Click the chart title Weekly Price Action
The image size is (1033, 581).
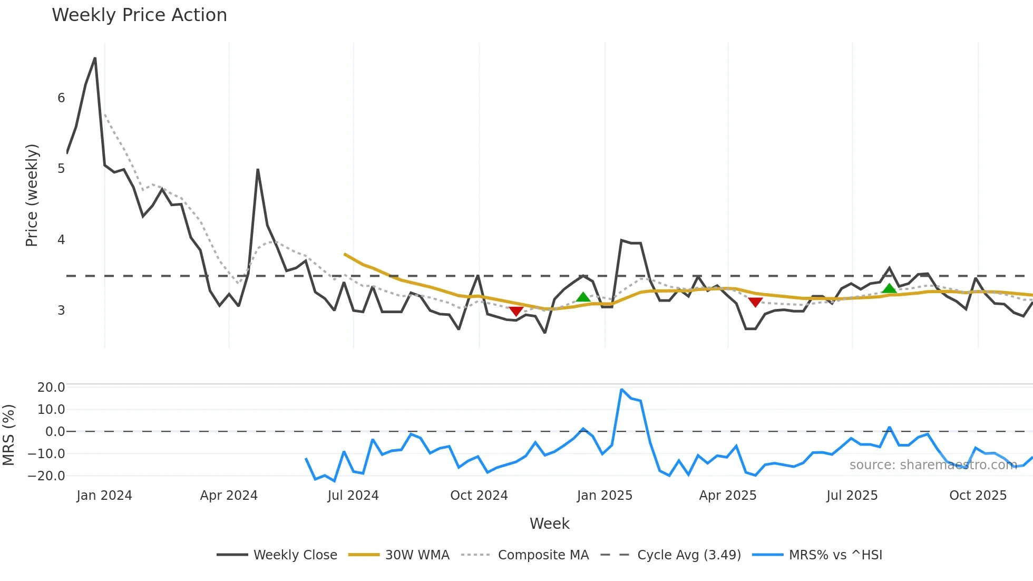(139, 15)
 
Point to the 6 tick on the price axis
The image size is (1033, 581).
(61, 98)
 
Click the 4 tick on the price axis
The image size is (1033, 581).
(61, 240)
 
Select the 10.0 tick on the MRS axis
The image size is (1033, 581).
(51, 409)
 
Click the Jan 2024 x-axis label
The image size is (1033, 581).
(104, 496)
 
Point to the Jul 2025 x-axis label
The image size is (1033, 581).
(852, 496)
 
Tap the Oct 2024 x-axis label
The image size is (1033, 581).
(479, 496)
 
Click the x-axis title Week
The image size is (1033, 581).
(549, 524)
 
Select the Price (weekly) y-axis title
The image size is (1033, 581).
(32, 195)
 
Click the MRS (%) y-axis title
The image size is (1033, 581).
(8, 435)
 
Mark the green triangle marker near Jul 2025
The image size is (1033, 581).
(889, 288)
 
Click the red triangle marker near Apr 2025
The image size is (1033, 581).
(755, 302)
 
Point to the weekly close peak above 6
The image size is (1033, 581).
(95, 58)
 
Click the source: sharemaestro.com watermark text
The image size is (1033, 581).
(933, 464)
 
